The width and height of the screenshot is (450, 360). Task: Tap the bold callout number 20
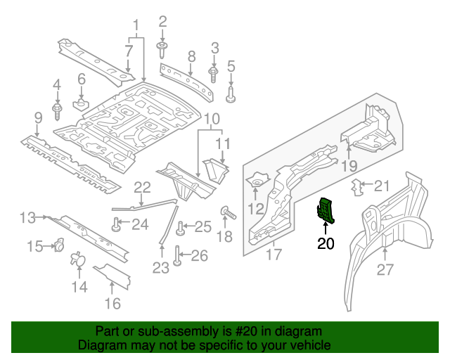(x=326, y=244)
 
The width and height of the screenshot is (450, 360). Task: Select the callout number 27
(x=386, y=270)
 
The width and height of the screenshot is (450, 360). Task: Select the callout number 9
(x=38, y=117)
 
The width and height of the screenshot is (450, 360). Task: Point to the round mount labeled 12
(x=256, y=183)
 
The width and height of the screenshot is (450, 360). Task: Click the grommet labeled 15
(x=59, y=245)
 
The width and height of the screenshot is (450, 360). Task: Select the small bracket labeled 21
(x=359, y=186)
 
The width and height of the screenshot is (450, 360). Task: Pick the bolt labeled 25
(x=181, y=227)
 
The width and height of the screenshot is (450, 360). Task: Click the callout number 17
(x=274, y=254)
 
